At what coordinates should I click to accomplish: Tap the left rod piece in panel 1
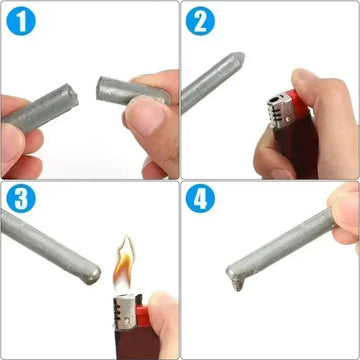pos(40,106)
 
